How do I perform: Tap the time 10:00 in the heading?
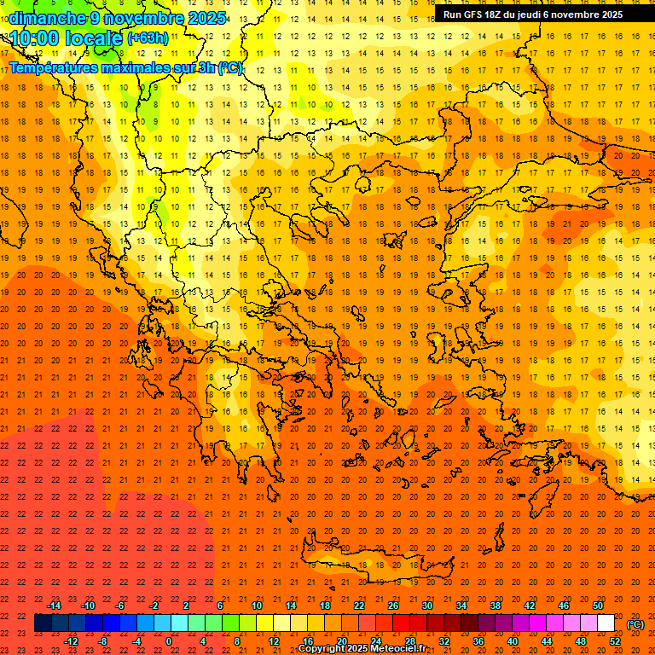pyautogui.click(x=35, y=38)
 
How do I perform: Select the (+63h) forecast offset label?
pyautogui.click(x=148, y=38)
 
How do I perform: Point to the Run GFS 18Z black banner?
pyautogui.click(x=532, y=14)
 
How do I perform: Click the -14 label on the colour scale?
pyautogui.click(x=54, y=606)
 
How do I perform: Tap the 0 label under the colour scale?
pyautogui.click(x=169, y=641)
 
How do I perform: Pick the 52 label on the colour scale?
pyautogui.click(x=615, y=641)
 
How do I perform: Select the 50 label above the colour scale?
pyautogui.click(x=598, y=606)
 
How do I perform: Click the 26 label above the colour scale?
pyautogui.click(x=393, y=606)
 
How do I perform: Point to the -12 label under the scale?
pyautogui.click(x=71, y=641)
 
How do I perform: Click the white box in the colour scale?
pyautogui.click(x=606, y=623)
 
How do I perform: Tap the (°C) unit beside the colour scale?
pyautogui.click(x=635, y=624)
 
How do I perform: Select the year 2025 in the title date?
pyautogui.click(x=206, y=18)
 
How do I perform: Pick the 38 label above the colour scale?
pyautogui.click(x=496, y=606)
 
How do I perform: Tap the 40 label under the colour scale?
pyautogui.click(x=513, y=641)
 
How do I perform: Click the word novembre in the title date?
pyautogui.click(x=142, y=18)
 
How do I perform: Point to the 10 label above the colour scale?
pyautogui.click(x=256, y=606)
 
